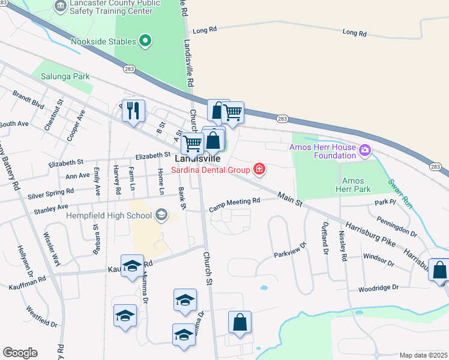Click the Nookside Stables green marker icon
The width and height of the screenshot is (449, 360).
click(145, 41)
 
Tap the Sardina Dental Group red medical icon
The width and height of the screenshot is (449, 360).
click(259, 170)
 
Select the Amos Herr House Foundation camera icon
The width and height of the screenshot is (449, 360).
click(364, 148)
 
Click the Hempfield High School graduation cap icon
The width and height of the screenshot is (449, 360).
click(161, 215)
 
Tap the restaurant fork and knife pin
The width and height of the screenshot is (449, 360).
click(134, 110)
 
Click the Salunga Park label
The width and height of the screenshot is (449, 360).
click(65, 76)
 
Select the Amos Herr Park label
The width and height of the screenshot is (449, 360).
click(357, 185)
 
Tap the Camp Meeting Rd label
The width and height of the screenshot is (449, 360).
click(234, 205)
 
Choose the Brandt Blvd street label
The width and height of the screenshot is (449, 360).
click(28, 100)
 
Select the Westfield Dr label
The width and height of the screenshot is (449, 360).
click(41, 317)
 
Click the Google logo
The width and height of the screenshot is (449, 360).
click(20, 353)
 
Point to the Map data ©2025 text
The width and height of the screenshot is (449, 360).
click(423, 355)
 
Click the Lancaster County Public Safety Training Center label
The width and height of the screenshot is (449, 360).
click(115, 7)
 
